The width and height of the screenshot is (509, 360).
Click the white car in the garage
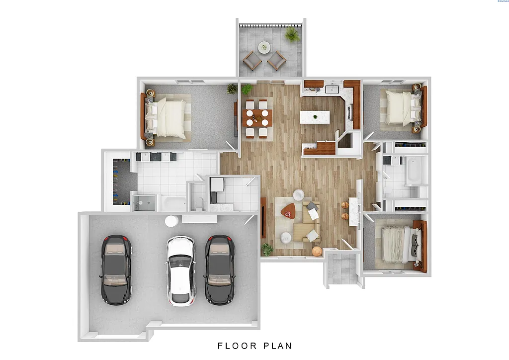pyautogui.click(x=180, y=270)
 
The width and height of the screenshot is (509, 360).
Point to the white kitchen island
pyautogui.click(x=315, y=117)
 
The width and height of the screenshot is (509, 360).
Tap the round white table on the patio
pyautogui.click(x=264, y=48)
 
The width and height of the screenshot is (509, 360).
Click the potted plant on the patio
pyautogui.click(x=292, y=34)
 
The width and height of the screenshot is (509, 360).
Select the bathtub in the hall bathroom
pyautogui.click(x=413, y=170)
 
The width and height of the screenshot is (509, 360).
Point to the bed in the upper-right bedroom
pyautogui.click(x=400, y=107)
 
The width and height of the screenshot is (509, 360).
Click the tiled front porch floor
pyautogui.click(x=342, y=269)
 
